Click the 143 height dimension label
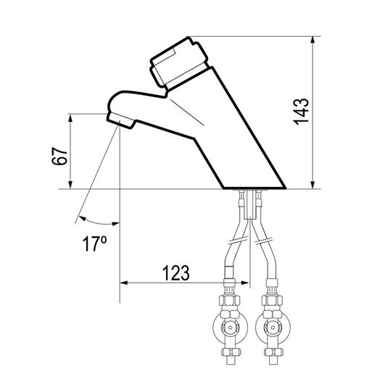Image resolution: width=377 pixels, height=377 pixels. tap(301, 112)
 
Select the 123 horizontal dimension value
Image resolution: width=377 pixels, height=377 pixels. tap(175, 273)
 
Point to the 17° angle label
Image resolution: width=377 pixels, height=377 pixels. tap(94, 244)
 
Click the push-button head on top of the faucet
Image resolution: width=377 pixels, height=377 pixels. tap(179, 63)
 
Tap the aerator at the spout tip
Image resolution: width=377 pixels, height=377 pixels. tap(121, 120)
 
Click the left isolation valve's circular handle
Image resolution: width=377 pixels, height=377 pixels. tap(231, 328)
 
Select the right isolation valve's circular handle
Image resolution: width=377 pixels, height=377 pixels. tap(273, 328)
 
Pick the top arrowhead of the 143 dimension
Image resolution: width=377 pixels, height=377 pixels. tap(312, 40)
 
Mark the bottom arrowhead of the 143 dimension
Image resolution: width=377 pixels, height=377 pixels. tap(312, 185)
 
